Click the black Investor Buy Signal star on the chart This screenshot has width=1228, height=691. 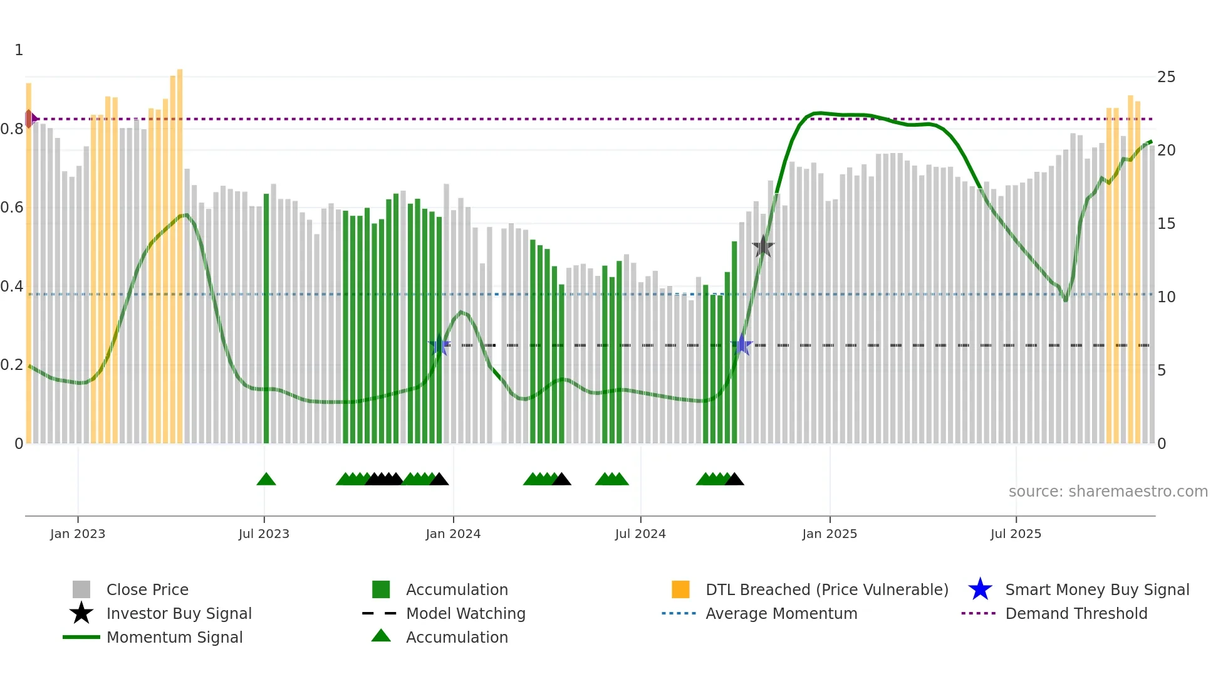(x=763, y=246)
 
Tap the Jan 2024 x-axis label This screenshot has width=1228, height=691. (x=453, y=534)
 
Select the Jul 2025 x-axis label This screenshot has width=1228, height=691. (x=1016, y=534)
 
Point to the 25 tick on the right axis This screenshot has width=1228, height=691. (x=1166, y=77)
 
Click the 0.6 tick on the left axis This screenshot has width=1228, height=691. (x=13, y=208)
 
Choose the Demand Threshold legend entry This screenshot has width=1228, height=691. (x=1076, y=613)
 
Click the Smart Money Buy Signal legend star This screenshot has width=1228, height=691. (x=980, y=589)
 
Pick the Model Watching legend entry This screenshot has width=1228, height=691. (x=465, y=613)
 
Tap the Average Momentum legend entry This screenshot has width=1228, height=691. (x=781, y=613)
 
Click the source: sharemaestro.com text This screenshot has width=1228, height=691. (x=1108, y=492)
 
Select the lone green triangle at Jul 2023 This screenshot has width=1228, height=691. (x=266, y=480)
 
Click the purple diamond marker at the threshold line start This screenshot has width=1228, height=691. (x=29, y=119)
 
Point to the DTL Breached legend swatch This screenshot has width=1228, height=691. (x=680, y=589)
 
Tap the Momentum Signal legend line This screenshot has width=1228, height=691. (x=81, y=637)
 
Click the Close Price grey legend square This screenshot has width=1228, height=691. (x=81, y=589)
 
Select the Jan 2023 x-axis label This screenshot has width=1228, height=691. (x=78, y=534)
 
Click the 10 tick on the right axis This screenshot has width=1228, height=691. (x=1166, y=297)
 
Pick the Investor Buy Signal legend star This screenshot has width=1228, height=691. (x=81, y=613)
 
